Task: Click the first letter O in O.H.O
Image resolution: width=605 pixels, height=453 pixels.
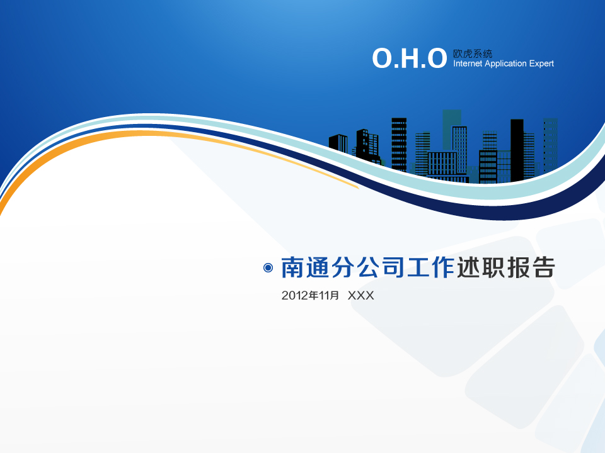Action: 382,59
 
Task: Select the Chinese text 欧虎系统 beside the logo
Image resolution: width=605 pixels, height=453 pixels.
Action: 473,53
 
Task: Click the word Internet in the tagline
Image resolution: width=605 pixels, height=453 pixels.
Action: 468,64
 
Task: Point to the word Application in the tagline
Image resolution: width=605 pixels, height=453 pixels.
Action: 506,64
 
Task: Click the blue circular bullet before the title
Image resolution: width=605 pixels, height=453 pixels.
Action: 268,268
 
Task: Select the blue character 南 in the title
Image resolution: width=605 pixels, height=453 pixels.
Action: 293,267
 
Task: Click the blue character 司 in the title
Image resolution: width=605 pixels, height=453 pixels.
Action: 393,267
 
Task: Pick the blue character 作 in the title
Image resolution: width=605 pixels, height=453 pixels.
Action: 443,267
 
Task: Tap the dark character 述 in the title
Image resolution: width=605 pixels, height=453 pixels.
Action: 468,267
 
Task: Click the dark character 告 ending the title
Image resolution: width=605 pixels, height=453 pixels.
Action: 543,267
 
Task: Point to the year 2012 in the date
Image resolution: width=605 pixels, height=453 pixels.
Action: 294,296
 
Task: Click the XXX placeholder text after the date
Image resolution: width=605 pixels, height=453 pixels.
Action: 360,296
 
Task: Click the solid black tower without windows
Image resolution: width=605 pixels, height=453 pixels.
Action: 517,150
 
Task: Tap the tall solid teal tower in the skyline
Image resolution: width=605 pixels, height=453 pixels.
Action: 452,129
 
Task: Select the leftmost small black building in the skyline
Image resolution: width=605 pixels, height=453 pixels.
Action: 338,144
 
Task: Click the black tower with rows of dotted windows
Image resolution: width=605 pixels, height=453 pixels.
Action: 399,145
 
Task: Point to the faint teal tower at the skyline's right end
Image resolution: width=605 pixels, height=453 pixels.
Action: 551,145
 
